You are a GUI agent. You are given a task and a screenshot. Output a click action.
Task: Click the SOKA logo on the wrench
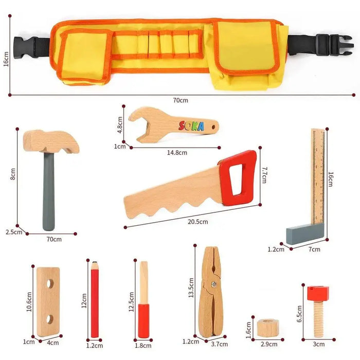(191, 126)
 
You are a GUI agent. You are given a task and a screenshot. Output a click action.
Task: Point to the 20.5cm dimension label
(197, 222)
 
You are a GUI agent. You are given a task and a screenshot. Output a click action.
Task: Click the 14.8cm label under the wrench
(176, 152)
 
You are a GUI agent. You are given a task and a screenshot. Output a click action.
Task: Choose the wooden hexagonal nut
(266, 327)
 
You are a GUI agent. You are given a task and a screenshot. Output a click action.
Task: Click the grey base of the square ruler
(305, 236)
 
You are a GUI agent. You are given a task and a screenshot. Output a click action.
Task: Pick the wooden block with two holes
(48, 302)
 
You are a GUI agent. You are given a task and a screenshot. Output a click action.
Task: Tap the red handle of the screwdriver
(143, 320)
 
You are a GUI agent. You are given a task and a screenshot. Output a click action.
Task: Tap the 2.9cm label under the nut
(268, 344)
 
